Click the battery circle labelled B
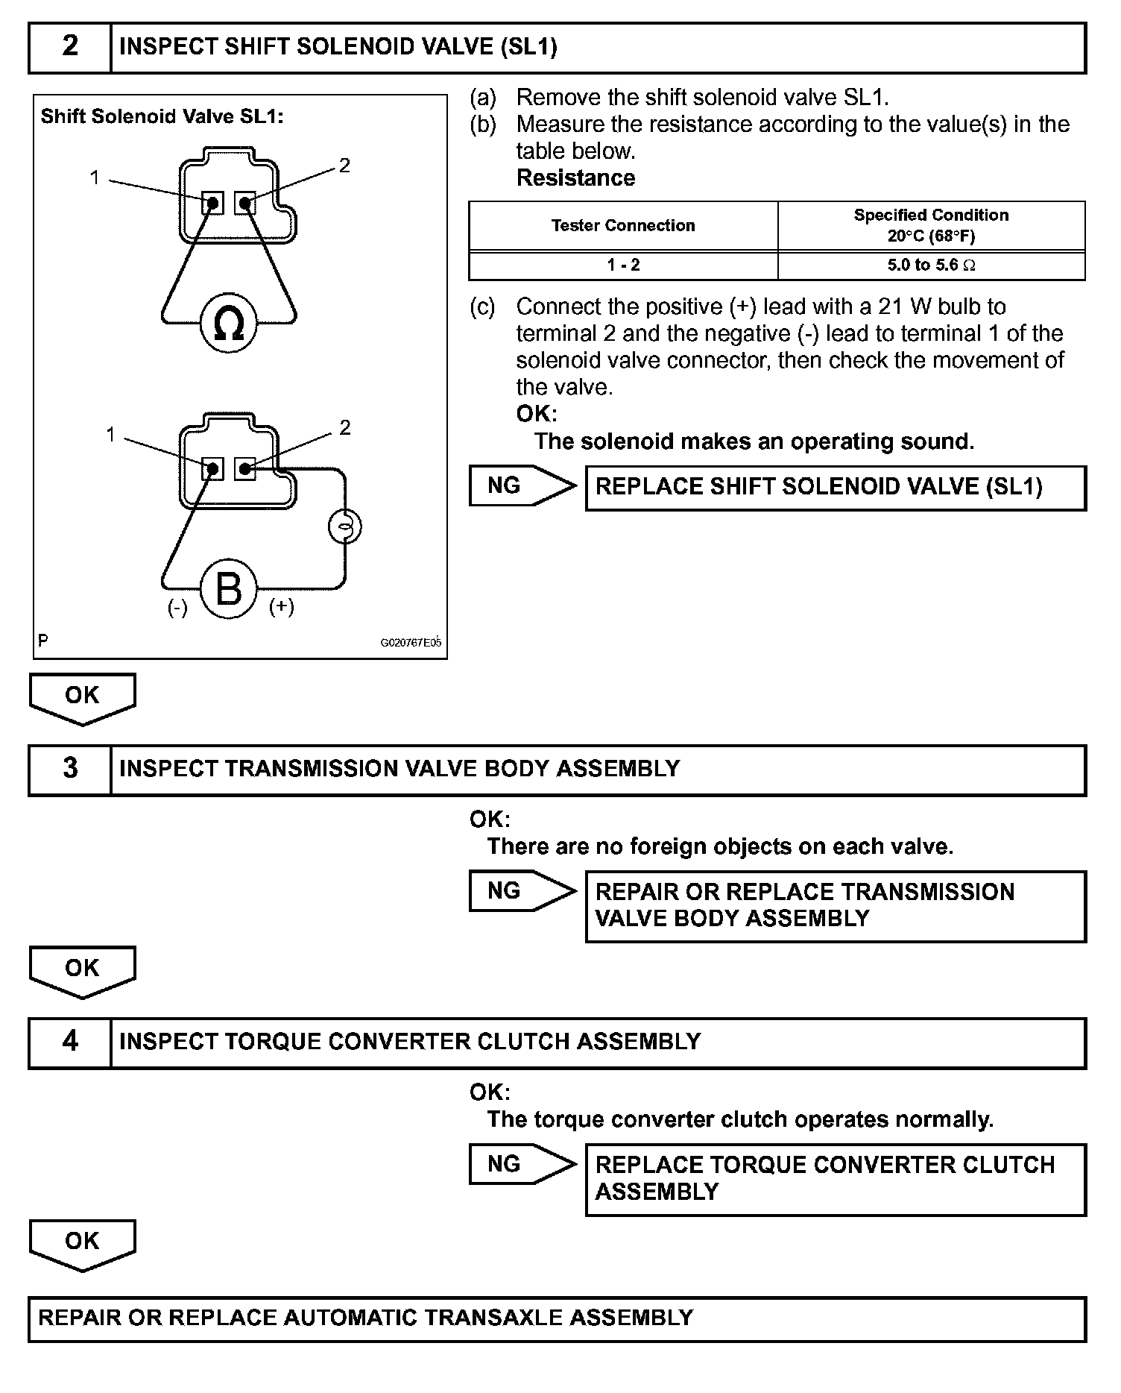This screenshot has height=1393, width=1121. pos(228,589)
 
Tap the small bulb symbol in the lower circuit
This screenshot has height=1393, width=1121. pos(344,526)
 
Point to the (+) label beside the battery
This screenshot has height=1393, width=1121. pos(281,606)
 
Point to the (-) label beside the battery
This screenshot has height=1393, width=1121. pos(177,608)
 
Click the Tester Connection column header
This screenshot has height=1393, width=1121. pos(622,225)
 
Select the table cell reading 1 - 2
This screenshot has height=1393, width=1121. pos(622,265)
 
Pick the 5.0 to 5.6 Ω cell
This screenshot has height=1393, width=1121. pos(931,265)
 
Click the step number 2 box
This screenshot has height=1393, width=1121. pos(69,47)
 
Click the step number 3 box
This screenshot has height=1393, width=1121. pos(69,769)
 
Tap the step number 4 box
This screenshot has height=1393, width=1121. pos(69,1042)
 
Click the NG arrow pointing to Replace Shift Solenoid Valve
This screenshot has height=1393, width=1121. pos(522,486)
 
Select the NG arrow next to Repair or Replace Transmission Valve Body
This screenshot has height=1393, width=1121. pos(522,890)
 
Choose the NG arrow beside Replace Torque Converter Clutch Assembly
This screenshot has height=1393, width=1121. pos(522,1163)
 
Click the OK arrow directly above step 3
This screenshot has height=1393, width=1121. pos(82,697)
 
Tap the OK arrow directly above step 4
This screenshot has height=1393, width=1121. pos(82,970)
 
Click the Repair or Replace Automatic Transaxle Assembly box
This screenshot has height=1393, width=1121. pos(557,1318)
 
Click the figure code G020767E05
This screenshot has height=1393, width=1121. pos(411,642)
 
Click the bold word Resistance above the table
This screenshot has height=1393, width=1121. pos(575,177)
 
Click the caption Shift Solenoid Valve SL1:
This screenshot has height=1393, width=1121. pos(162,116)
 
